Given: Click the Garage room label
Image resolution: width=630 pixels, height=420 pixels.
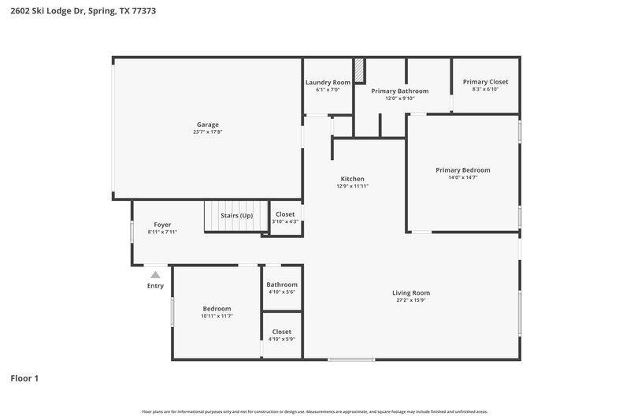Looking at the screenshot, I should point(208,125).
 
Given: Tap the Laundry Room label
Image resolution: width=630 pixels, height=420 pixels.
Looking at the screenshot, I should point(328,82).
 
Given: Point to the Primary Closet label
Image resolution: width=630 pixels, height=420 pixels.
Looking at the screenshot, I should point(485,82).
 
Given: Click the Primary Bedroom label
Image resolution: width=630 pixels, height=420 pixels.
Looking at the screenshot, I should point(463,170).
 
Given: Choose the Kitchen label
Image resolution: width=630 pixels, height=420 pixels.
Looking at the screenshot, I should point(352,179).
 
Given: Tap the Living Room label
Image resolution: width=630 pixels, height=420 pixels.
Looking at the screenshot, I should point(411,293).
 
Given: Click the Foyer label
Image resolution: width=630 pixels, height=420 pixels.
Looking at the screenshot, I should point(162,225).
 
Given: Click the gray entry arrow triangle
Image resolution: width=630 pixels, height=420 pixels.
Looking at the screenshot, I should point(156,275).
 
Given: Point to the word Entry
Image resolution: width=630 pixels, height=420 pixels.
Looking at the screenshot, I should point(156,285).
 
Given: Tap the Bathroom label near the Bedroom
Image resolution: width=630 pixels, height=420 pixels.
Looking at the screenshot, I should point(282,284).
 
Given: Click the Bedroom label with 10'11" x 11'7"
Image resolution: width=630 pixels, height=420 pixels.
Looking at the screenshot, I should point(217,308).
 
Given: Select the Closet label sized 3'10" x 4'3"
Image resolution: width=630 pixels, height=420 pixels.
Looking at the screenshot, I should point(284,214).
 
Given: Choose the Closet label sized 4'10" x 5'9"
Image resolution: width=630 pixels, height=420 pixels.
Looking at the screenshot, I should point(282,332).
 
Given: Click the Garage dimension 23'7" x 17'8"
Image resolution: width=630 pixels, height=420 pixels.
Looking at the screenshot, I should point(208,132).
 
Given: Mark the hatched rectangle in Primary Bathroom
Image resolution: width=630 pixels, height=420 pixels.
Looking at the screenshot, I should point(359,70).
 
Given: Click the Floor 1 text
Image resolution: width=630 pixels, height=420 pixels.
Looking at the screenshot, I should point(24,378).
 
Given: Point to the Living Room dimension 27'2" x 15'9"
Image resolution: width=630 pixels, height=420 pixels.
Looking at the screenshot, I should point(411,300).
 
